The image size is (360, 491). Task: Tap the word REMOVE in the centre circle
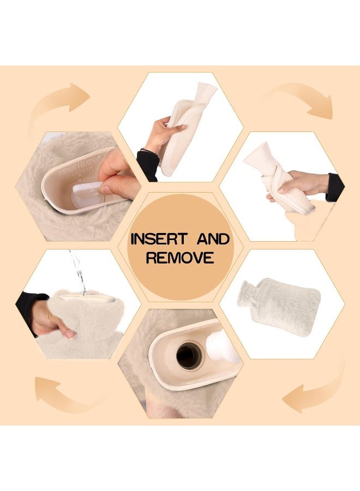[179, 258]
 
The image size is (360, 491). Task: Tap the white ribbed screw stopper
[225, 347]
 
